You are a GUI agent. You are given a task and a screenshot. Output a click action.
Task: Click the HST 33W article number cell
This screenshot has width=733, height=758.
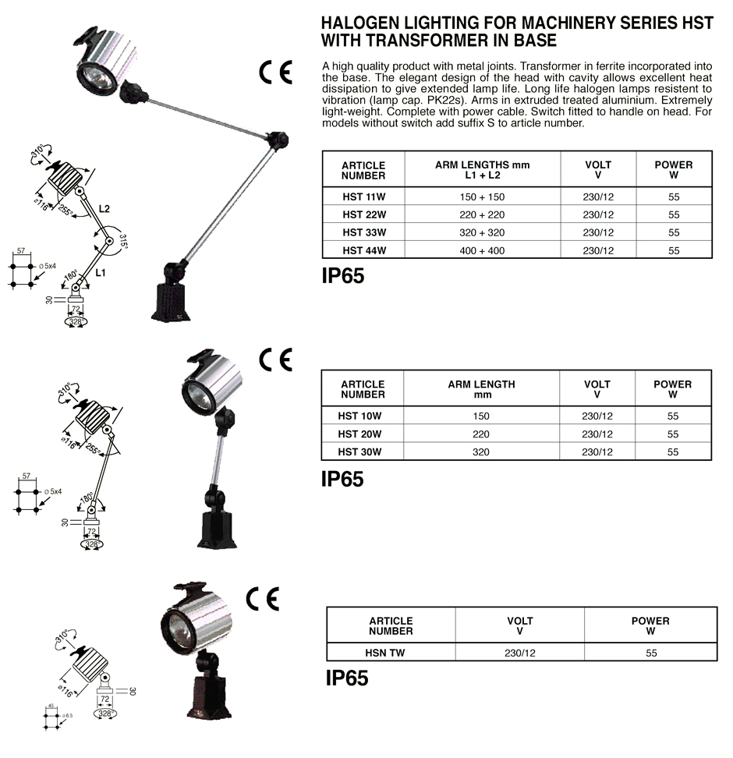(x=364, y=232)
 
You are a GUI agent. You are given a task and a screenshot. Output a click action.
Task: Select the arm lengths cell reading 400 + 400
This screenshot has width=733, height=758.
(x=482, y=250)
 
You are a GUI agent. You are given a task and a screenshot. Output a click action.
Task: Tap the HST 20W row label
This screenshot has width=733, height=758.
(x=359, y=434)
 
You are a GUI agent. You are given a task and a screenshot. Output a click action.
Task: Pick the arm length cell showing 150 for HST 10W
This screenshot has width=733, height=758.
(x=481, y=416)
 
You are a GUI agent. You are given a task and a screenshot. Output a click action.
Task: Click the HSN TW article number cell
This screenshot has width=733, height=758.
(x=385, y=653)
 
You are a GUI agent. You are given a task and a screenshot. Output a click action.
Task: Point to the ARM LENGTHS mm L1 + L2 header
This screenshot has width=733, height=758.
(x=483, y=170)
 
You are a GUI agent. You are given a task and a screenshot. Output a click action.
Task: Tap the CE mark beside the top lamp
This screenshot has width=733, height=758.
(x=275, y=73)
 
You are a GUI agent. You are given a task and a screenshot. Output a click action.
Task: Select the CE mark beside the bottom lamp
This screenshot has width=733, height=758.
(x=263, y=600)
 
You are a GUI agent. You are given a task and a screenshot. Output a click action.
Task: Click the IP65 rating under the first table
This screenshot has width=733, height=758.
(x=343, y=276)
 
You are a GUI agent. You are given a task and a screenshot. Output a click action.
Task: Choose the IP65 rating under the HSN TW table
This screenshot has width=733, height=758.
(x=347, y=678)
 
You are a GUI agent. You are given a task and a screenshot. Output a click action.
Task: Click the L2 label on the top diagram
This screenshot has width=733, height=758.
(x=104, y=209)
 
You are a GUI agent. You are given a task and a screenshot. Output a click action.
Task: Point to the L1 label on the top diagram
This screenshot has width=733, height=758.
(x=101, y=273)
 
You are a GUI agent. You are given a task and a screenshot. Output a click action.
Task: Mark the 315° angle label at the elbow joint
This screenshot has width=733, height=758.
(x=123, y=242)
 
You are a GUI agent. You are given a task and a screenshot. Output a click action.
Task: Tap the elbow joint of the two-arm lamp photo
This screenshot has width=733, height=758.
(x=277, y=140)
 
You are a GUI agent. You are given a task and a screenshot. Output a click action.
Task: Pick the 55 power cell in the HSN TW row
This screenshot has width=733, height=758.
(x=651, y=653)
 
